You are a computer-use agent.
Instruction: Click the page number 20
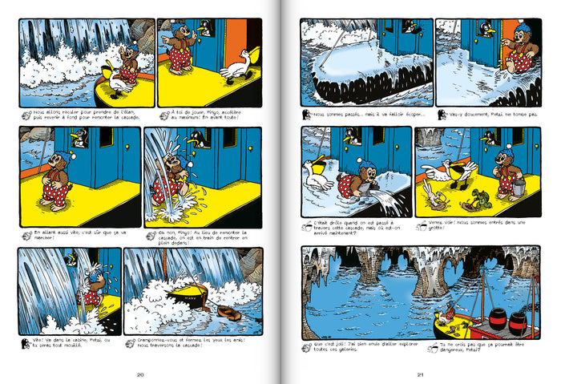point(140,374)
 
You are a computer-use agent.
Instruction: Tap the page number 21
point(419,374)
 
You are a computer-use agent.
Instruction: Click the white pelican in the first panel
point(119,80)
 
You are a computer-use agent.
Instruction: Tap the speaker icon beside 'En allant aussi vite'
point(26,234)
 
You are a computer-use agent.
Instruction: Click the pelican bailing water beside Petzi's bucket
point(320,176)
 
